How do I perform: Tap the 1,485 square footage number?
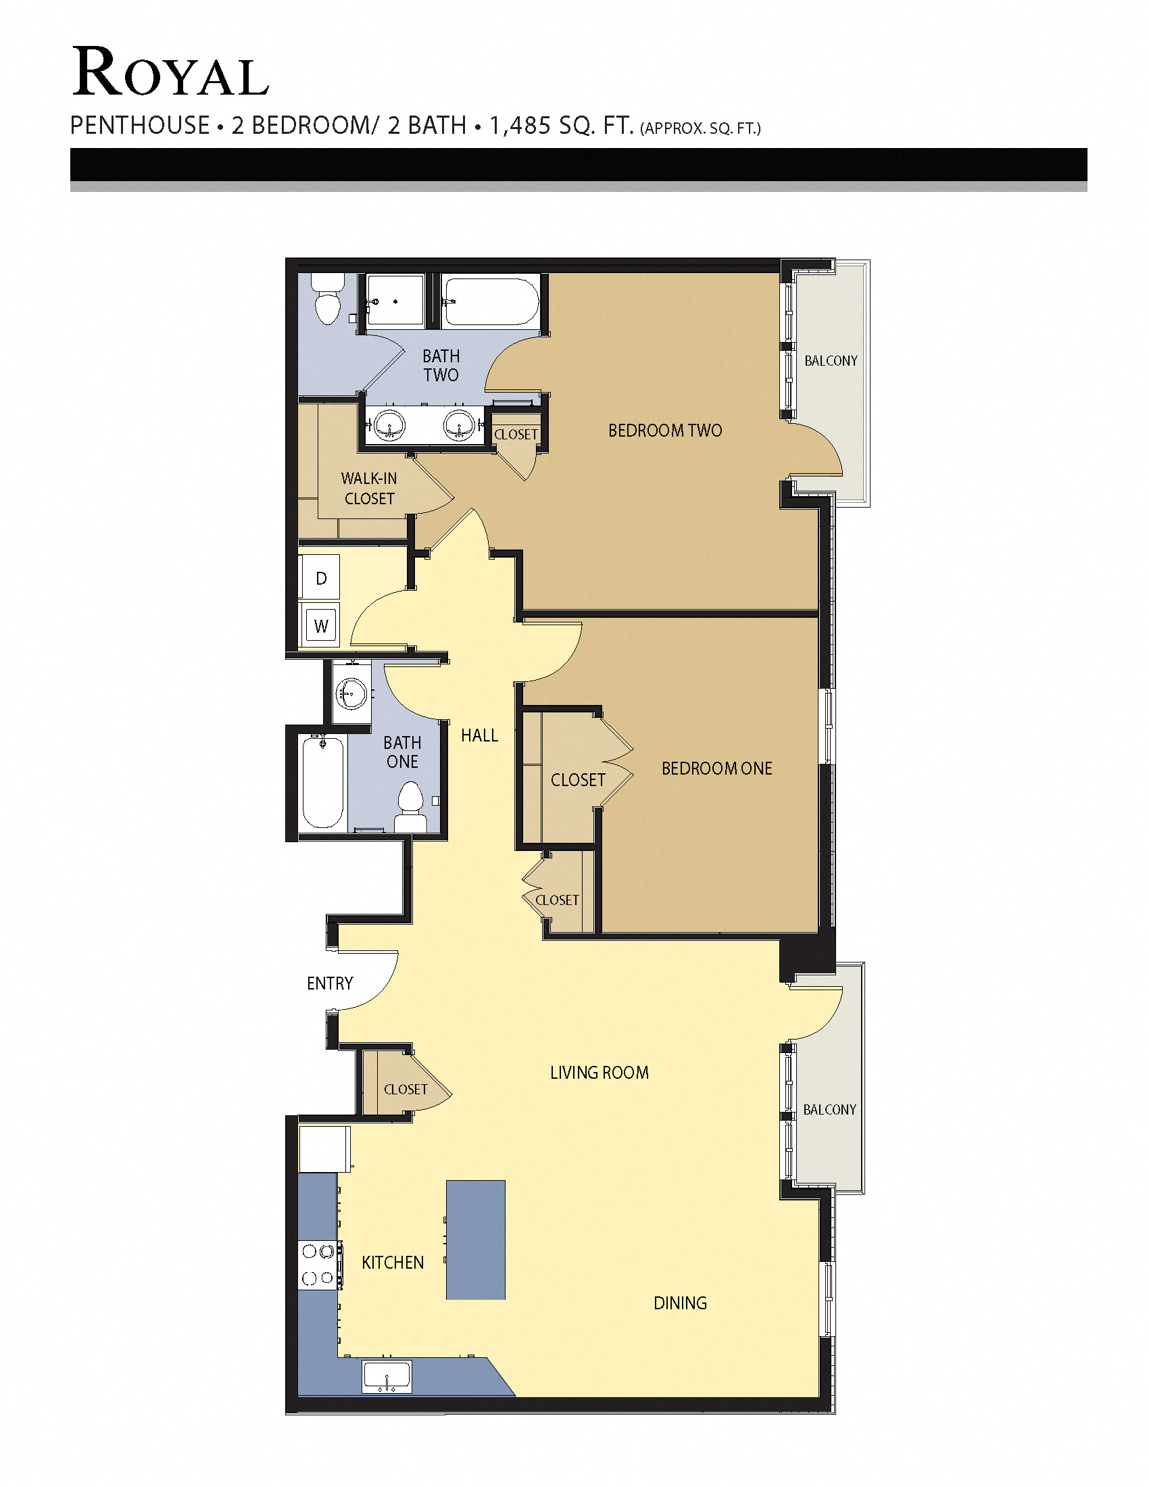520,125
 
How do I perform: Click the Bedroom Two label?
665,431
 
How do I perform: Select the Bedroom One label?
716,769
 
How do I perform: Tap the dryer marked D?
321,578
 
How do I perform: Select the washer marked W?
321,625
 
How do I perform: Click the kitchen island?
475,1240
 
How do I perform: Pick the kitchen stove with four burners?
319,1265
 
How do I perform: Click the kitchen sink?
387,1377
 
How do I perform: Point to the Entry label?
329,983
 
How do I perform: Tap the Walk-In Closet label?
369,488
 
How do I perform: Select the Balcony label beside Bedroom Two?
831,361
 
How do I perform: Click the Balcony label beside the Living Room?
829,1110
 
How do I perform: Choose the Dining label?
680,1303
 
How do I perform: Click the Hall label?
479,735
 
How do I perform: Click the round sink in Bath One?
351,694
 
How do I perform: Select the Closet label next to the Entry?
406,1090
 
